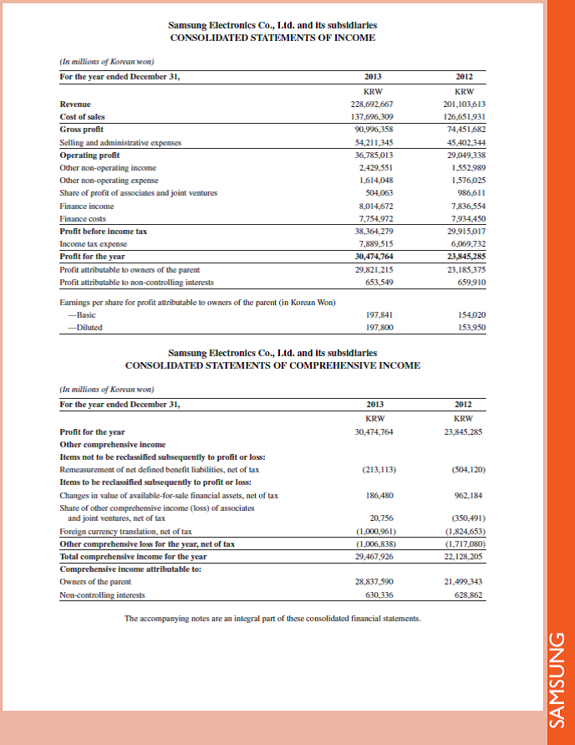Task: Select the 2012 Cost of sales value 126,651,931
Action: (x=463, y=117)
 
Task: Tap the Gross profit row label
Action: (x=81, y=130)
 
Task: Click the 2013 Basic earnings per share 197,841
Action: (x=374, y=314)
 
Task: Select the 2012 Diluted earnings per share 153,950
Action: (x=469, y=327)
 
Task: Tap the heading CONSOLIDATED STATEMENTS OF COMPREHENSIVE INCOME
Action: (x=272, y=365)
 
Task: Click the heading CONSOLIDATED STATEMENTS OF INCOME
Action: (x=272, y=38)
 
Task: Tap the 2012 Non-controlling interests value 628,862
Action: (x=469, y=595)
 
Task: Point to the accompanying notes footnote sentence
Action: (x=272, y=619)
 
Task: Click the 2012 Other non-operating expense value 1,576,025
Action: (x=465, y=180)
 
